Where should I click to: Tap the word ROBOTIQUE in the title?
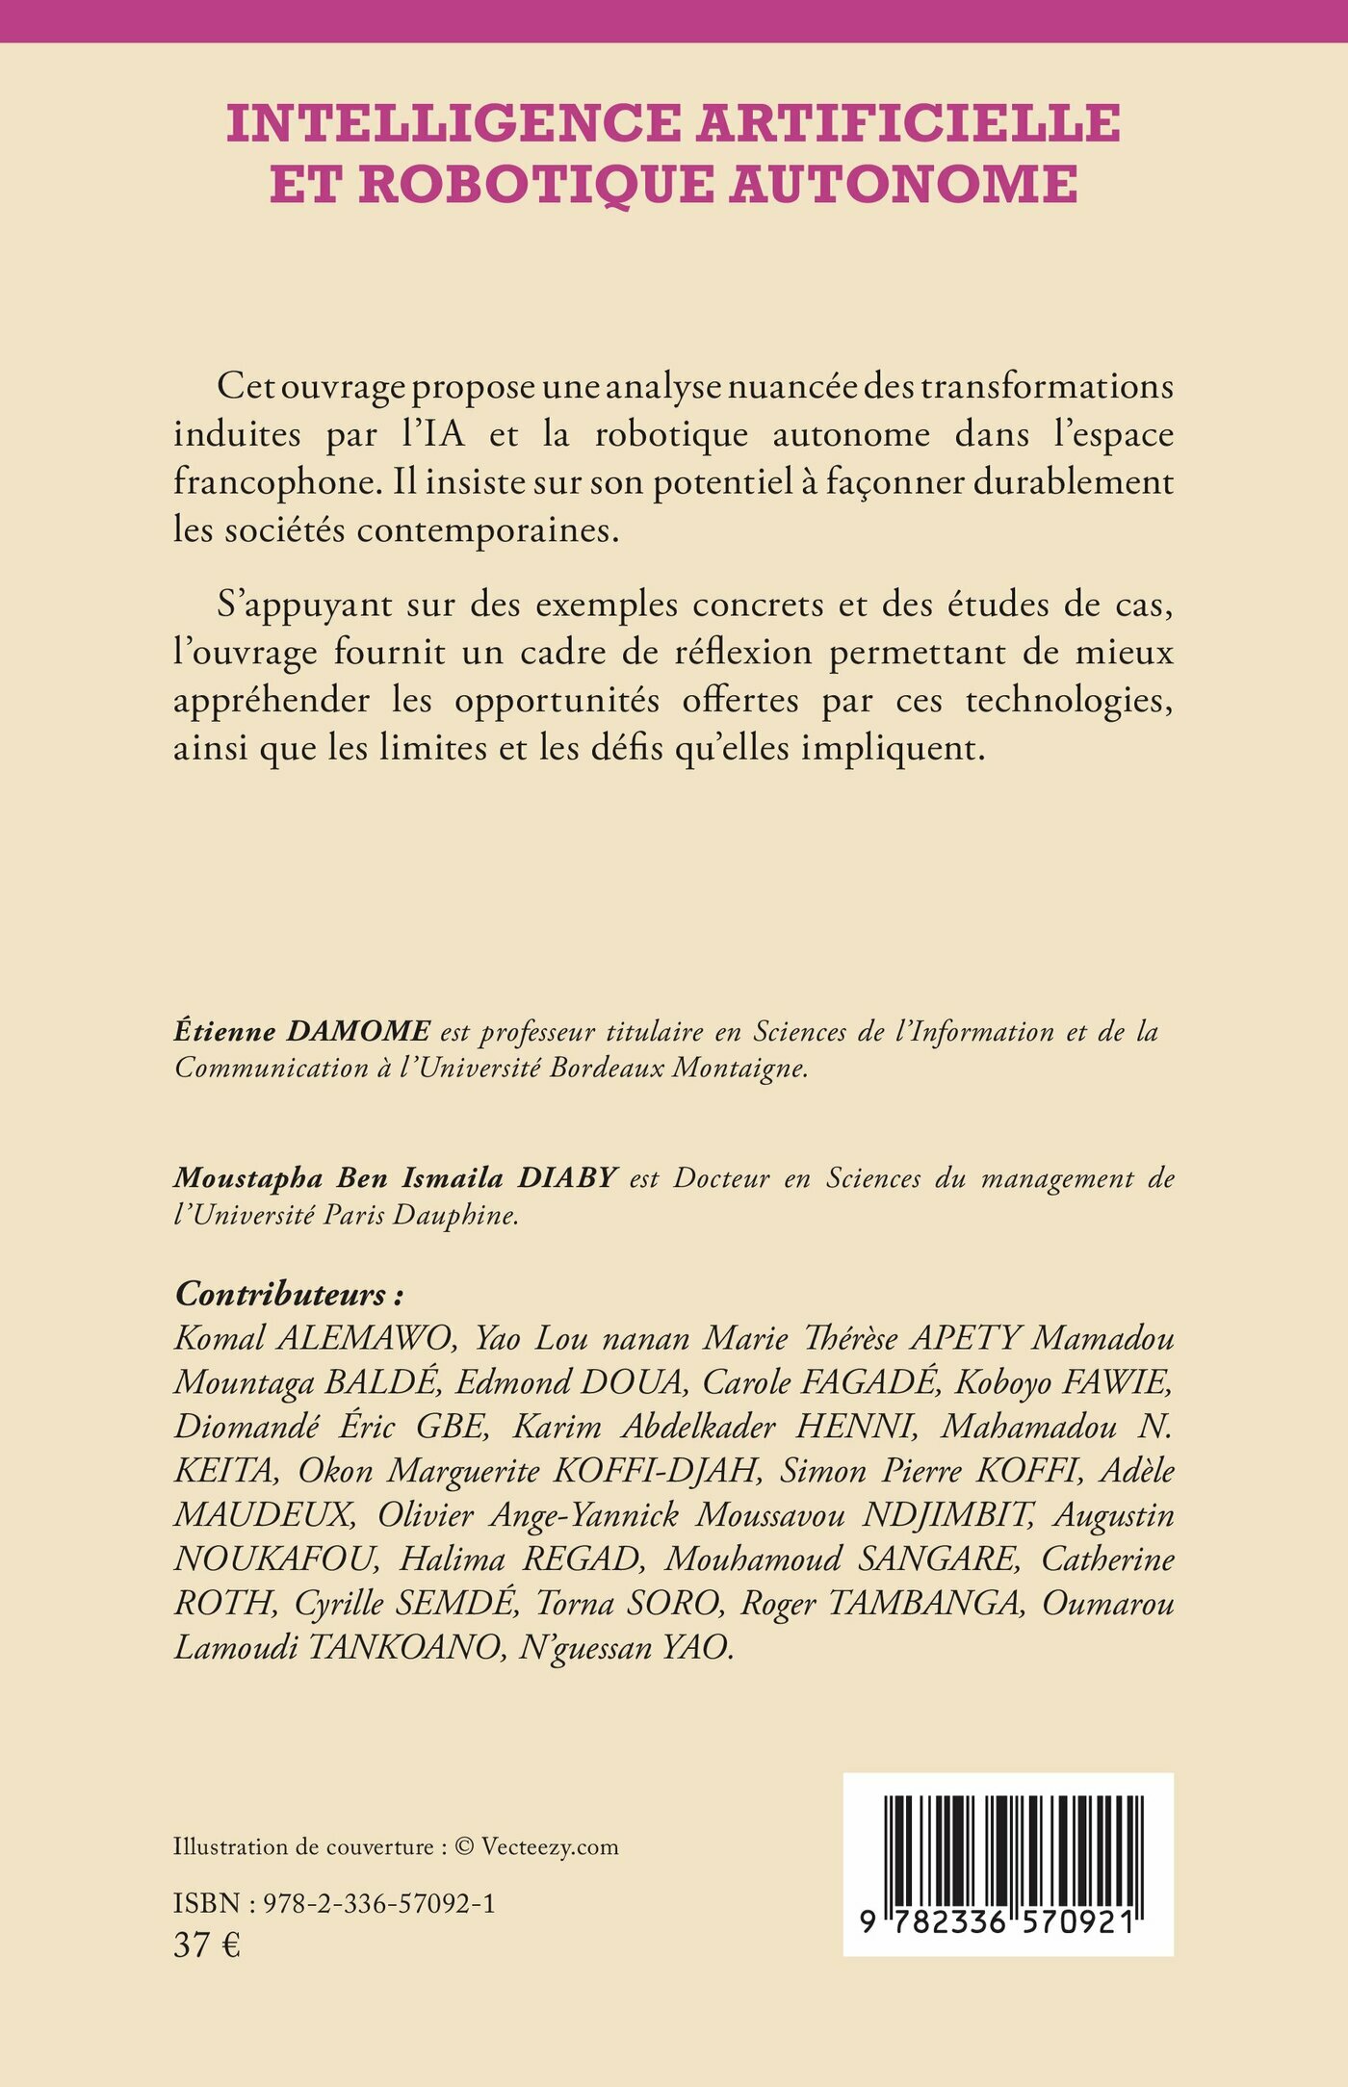535,184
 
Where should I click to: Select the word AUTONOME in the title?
903,184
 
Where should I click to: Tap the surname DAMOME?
359,1032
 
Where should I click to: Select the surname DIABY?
567,1178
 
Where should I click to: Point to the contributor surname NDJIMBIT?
946,1515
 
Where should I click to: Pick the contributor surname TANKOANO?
404,1648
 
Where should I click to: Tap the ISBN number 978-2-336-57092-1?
379,1904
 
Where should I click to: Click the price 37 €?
207,1945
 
